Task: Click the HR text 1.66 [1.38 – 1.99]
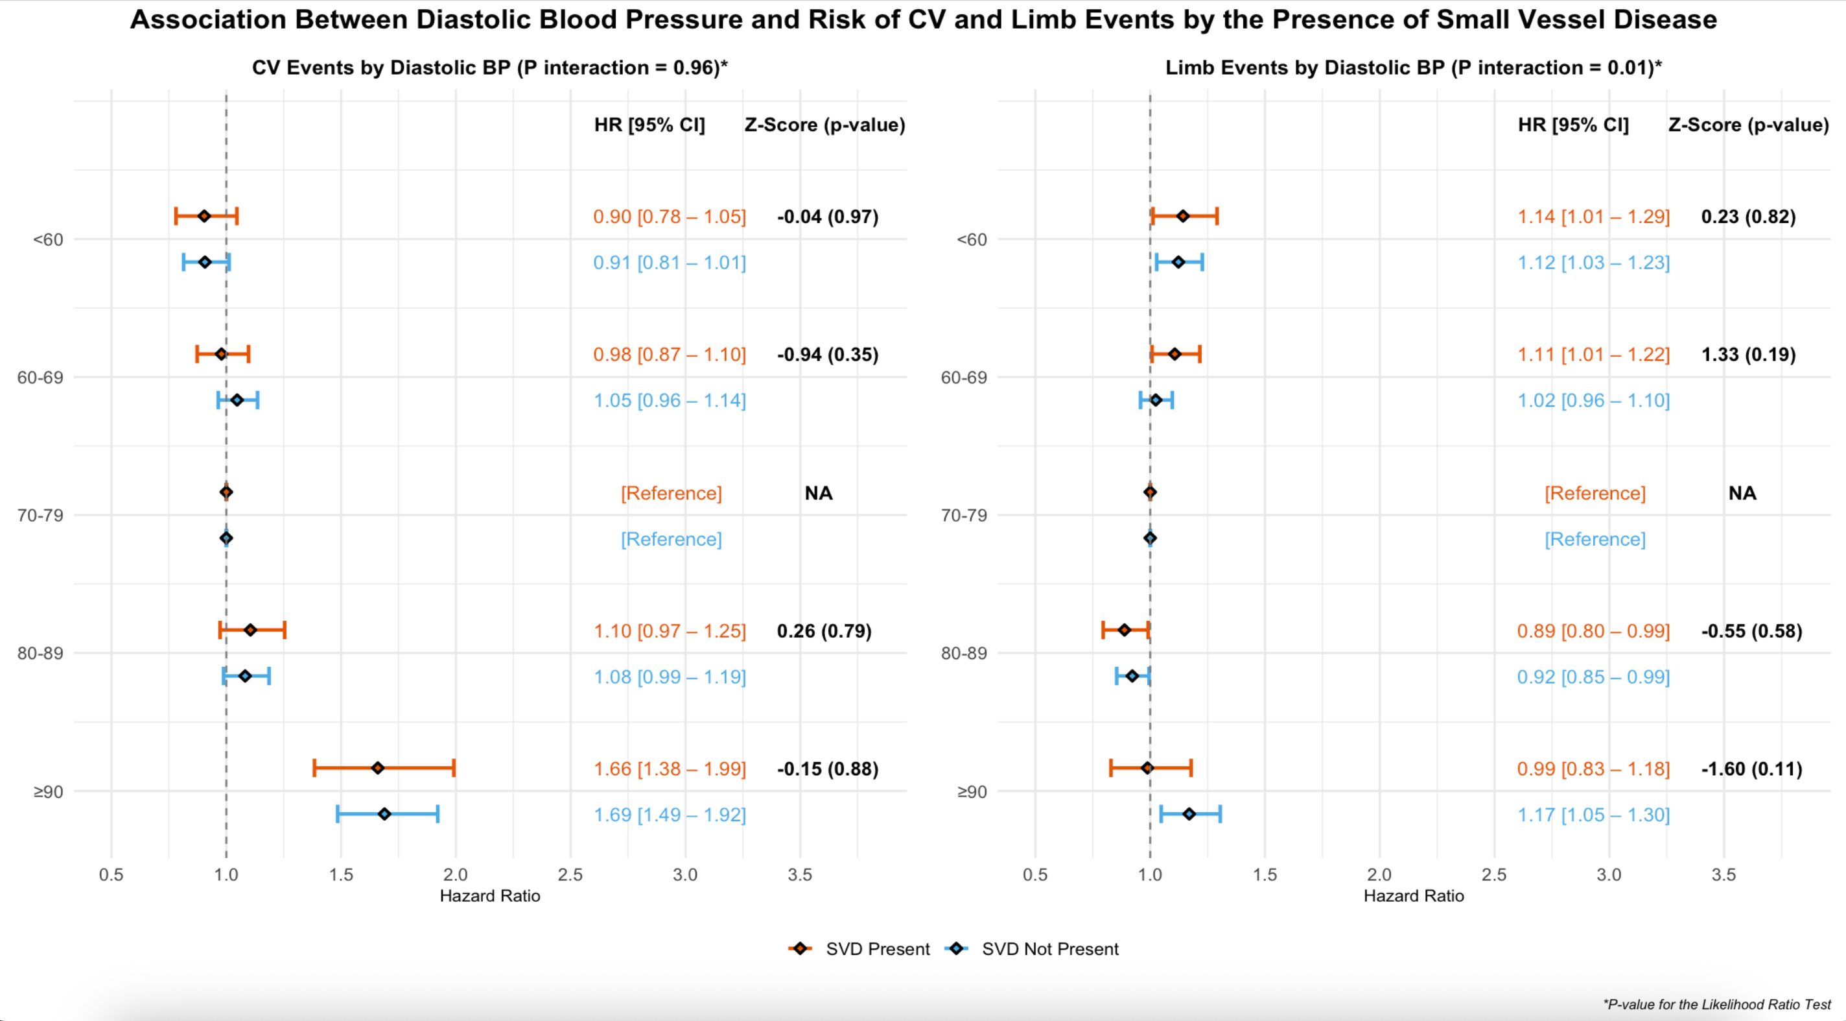click(x=670, y=769)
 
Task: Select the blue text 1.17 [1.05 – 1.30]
click(x=1593, y=815)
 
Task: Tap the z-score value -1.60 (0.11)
click(x=1751, y=769)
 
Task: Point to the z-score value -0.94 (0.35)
click(x=827, y=354)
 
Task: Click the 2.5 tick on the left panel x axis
click(x=570, y=875)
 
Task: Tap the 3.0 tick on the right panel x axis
click(x=1609, y=875)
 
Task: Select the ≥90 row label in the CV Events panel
click(x=48, y=791)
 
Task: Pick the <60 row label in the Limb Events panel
click(x=972, y=239)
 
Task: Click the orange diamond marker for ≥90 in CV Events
click(x=378, y=768)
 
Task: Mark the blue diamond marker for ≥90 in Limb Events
click(x=1189, y=814)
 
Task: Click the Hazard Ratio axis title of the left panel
click(x=489, y=896)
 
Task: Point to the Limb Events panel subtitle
click(x=1413, y=67)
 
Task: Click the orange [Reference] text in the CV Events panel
click(x=671, y=493)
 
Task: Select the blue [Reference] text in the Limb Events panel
click(x=1595, y=539)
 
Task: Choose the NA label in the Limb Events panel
click(x=1742, y=493)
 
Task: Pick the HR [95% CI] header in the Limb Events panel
click(x=1573, y=125)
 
